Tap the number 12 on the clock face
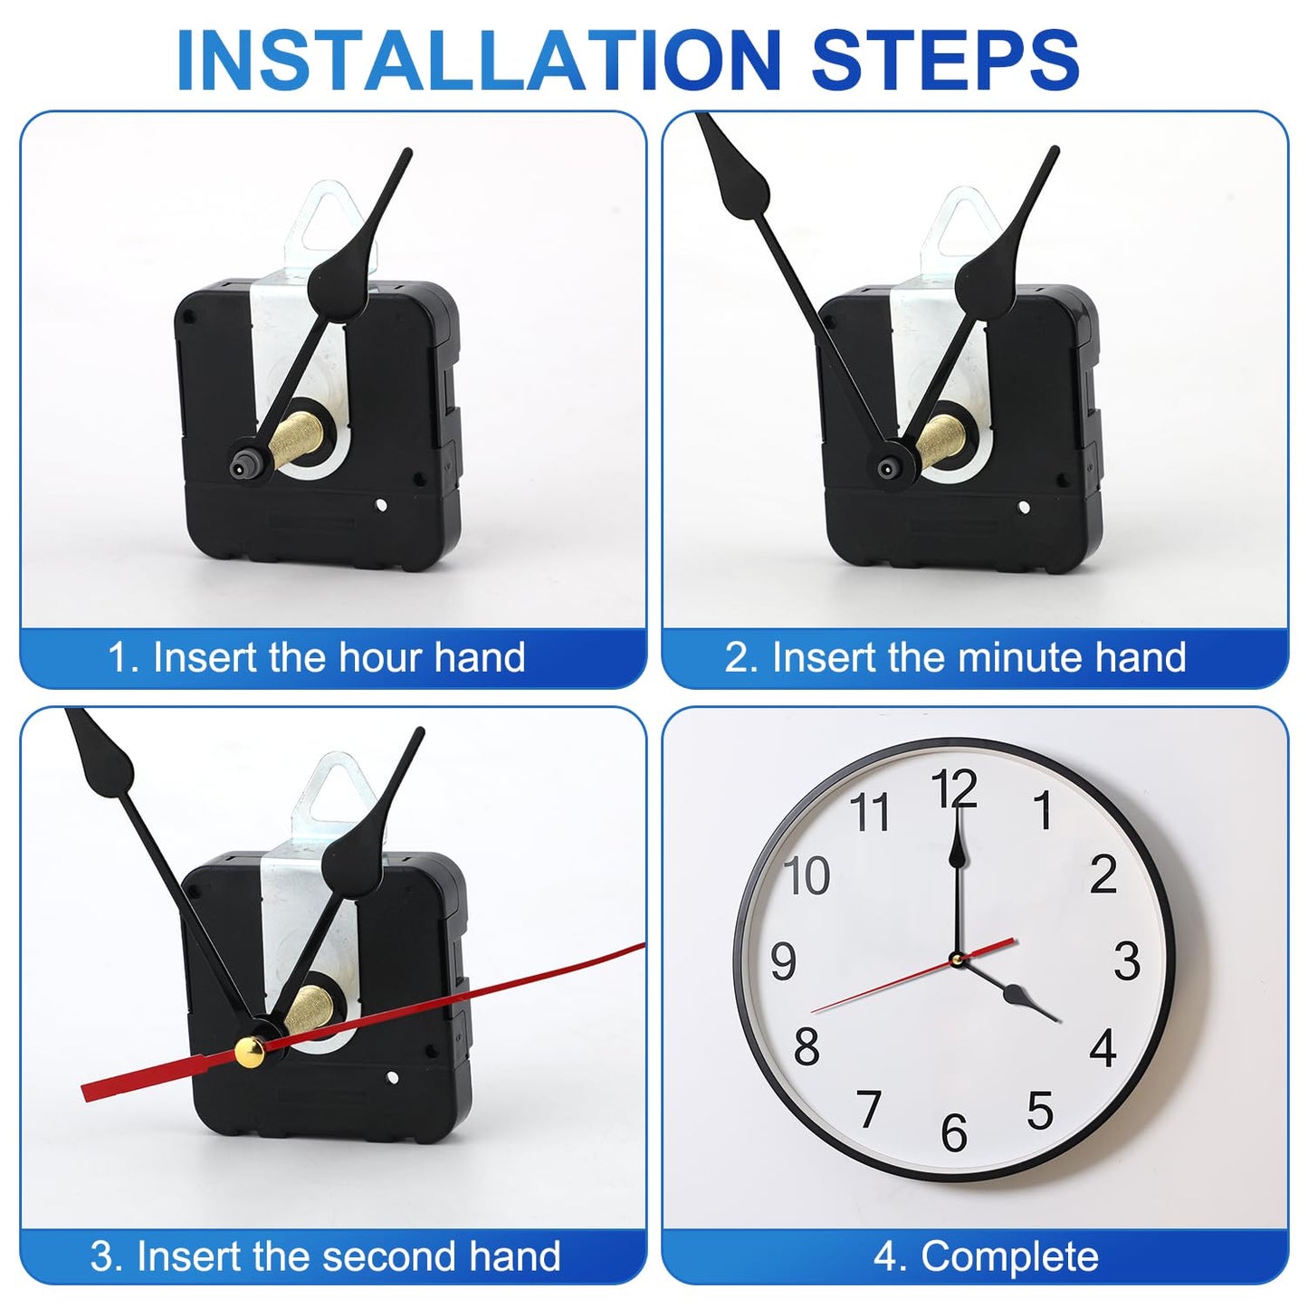954,788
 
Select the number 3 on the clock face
1127,960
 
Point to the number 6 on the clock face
954,1132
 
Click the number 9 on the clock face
783,960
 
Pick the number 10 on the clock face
807,875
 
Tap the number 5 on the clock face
1039,1110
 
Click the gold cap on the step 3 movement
249,1052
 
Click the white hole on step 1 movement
380,506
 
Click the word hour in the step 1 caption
381,657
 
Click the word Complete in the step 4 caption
1008,1256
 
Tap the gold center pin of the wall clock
957,958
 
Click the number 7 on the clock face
869,1109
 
